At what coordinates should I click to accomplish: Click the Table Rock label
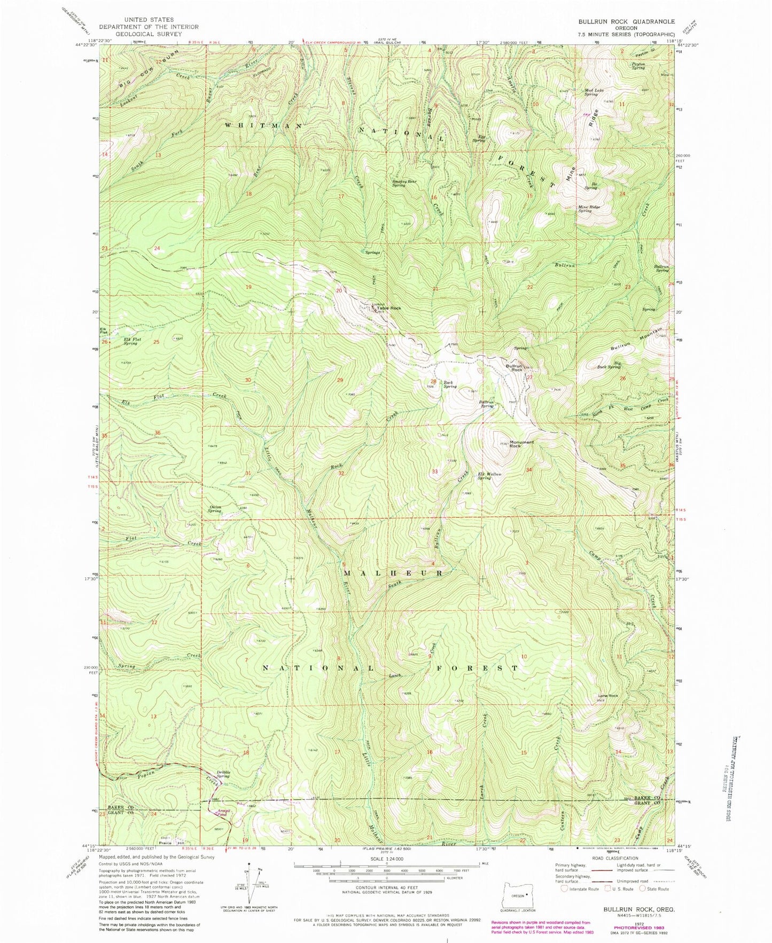pos(388,308)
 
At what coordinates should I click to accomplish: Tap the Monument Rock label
pos(522,444)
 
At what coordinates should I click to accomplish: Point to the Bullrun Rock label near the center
pos(514,368)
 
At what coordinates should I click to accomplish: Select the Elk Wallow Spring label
pos(491,476)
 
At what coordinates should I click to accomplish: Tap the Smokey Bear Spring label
pos(406,183)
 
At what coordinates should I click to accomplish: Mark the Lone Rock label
pos(608,696)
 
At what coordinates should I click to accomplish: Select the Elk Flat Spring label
pos(123,341)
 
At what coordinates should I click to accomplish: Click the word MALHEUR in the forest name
pos(393,573)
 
